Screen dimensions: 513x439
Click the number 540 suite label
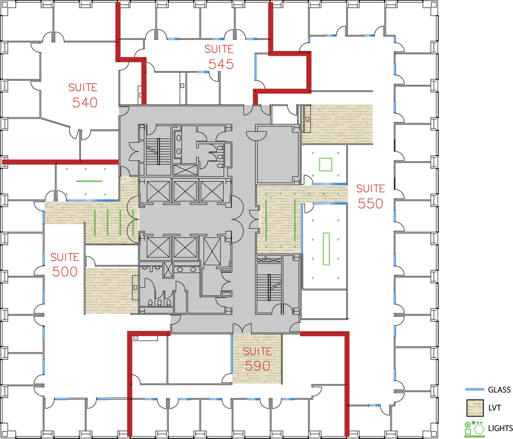point(85,103)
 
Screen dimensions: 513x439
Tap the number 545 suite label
point(221,64)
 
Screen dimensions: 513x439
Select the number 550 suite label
point(370,204)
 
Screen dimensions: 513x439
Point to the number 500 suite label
point(65,272)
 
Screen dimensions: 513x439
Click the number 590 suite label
point(257,366)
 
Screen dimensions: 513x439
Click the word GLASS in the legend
point(499,390)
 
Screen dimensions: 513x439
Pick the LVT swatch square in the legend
point(475,408)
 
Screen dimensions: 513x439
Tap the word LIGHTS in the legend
point(500,428)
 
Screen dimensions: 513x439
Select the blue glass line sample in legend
point(475,389)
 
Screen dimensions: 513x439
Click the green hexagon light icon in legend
point(479,429)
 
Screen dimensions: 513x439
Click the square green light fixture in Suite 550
point(325,164)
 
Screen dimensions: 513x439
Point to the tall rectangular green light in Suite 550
point(326,249)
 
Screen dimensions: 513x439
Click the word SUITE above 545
point(219,49)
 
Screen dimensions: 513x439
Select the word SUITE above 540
point(83,87)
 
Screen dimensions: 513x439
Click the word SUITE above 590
point(257,351)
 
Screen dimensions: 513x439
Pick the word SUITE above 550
point(371,189)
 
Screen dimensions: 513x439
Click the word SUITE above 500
point(65,257)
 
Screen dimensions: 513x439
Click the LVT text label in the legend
point(494,408)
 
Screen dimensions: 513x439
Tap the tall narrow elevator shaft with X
point(212,251)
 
